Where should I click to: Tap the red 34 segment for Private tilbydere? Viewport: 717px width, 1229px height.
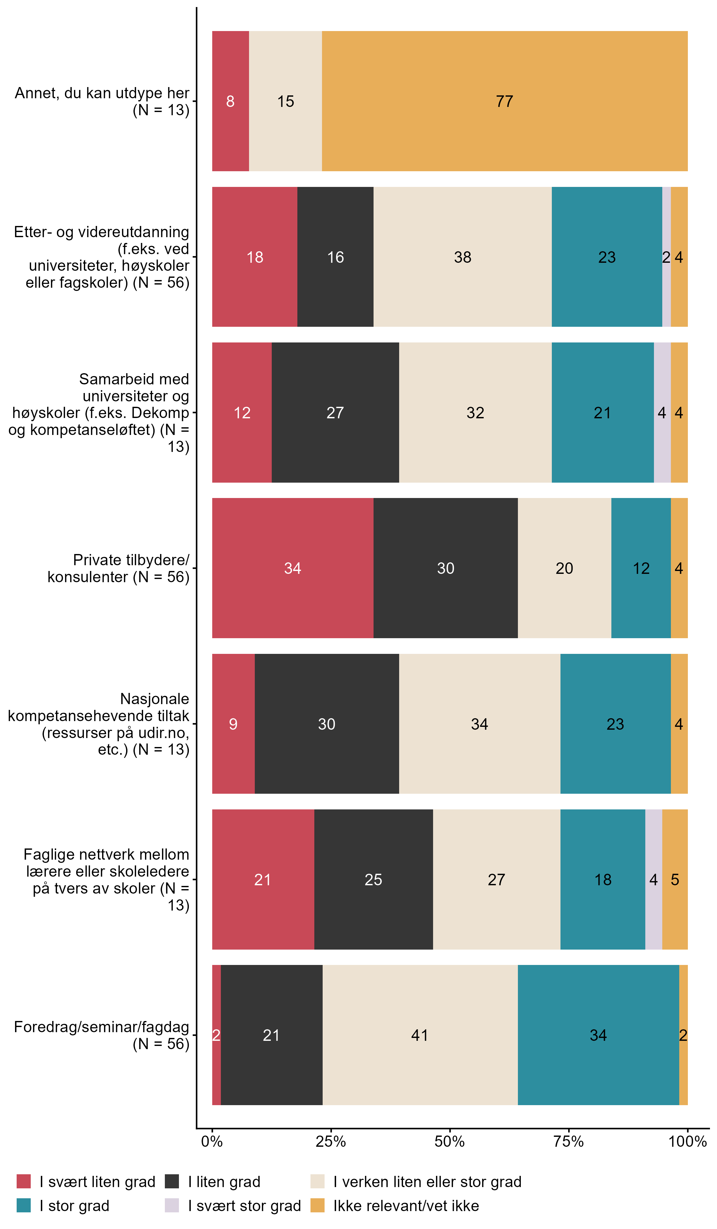tap(293, 568)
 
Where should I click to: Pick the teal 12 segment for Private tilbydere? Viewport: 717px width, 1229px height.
tap(641, 568)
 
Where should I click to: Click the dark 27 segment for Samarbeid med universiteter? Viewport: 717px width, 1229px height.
tap(335, 413)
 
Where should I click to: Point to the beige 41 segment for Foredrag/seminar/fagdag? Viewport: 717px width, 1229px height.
tap(419, 1035)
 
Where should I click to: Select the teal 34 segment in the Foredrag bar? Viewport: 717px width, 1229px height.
tap(598, 1035)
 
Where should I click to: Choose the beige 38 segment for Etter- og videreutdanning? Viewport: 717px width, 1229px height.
tap(463, 257)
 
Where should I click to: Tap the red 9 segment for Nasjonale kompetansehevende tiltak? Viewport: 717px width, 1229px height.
tap(233, 724)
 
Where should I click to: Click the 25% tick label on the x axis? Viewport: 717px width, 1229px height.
tap(331, 1142)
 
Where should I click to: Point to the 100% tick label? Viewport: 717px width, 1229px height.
tap(687, 1142)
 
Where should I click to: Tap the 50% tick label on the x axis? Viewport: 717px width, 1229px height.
tap(449, 1142)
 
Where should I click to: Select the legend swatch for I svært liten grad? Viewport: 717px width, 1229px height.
tap(23, 1182)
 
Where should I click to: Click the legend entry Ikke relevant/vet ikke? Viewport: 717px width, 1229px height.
tap(406, 1206)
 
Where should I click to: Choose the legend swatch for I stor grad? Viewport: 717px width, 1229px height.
tap(23, 1206)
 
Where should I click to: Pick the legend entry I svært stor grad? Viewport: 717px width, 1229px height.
tap(244, 1206)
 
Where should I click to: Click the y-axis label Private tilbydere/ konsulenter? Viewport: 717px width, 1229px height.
tap(118, 568)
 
